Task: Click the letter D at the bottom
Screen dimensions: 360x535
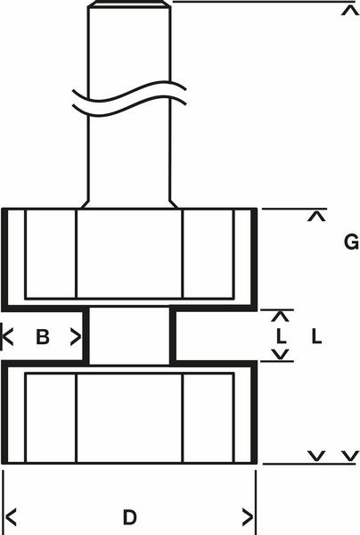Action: coord(129,517)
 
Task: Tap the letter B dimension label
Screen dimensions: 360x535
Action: coord(43,337)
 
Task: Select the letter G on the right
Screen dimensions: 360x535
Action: coord(351,242)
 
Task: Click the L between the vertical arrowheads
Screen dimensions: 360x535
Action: coord(281,336)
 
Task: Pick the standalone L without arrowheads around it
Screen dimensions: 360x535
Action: coord(316,336)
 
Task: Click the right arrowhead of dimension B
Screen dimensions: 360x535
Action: coord(76,337)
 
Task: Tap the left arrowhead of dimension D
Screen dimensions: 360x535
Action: coord(11,517)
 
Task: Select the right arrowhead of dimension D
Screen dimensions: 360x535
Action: coord(248,517)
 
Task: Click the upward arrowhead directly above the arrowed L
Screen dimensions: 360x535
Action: coord(281,317)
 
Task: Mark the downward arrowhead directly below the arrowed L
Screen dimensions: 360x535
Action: coord(281,355)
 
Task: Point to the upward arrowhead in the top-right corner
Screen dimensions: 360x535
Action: coord(350,10)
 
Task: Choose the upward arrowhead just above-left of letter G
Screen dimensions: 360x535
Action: coord(316,217)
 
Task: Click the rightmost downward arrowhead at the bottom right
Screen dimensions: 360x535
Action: coord(350,456)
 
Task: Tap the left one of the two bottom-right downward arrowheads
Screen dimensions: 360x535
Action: coord(316,456)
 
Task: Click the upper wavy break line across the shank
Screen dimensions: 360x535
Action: coord(129,92)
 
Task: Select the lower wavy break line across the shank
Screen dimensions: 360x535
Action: coord(129,106)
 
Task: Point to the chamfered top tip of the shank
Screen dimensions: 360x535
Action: coord(129,4)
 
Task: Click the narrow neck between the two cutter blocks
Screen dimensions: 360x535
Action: coord(129,336)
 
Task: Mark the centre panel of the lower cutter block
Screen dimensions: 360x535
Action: coord(130,418)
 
